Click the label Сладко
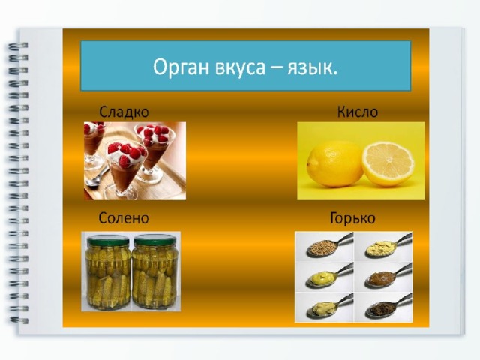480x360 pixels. point(124,112)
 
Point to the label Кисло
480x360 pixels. point(358,112)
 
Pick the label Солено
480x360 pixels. point(124,218)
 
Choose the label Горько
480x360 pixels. point(352,218)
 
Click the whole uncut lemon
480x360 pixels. point(334,164)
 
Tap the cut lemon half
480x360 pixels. point(388,164)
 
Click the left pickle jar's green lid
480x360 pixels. point(108,240)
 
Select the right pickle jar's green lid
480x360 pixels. point(153,240)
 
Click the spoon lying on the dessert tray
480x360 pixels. point(97,177)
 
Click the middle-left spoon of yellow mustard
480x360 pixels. point(328,277)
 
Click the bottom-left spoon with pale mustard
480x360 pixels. point(328,307)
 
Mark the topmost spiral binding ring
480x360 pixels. point(18,46)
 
